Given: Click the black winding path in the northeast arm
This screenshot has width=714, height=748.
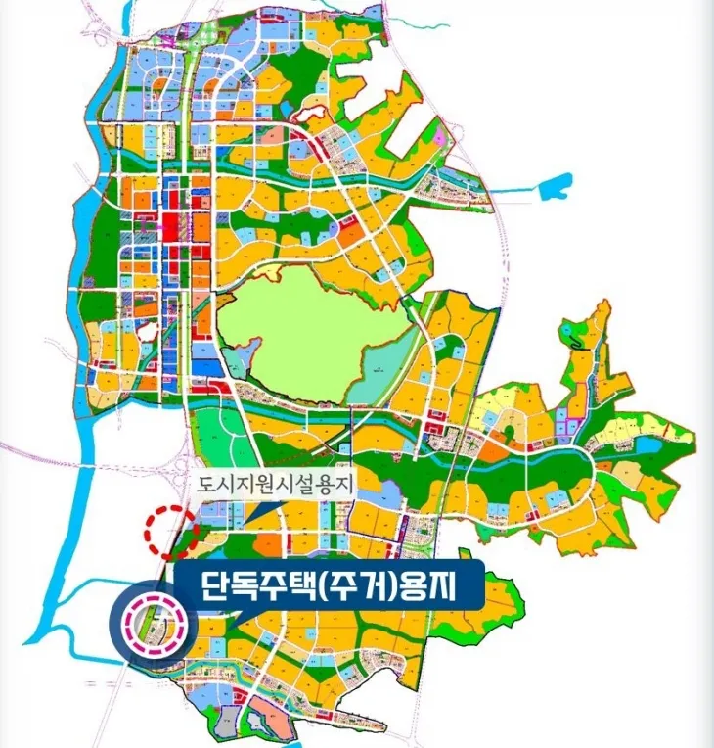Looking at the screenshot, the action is click(x=583, y=338).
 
